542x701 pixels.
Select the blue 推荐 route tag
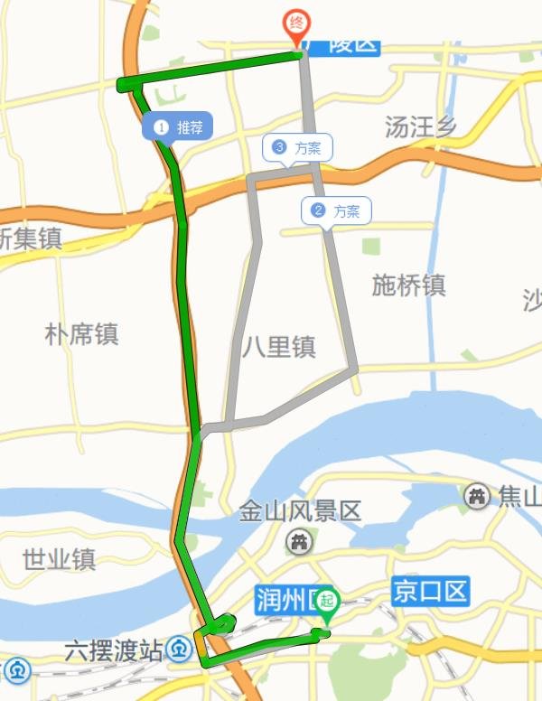point(178,127)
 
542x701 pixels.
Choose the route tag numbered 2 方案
point(335,211)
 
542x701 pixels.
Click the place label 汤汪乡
point(420,127)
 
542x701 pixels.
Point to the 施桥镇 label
point(408,285)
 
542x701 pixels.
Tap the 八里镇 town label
point(279,347)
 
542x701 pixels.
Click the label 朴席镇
point(81,335)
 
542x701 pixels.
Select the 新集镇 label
point(29,239)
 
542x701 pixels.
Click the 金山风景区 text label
point(300,512)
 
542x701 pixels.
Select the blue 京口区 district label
point(431,593)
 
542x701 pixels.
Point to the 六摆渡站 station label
point(114,649)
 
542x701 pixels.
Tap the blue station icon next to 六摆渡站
point(182,649)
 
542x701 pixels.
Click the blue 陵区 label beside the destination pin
point(346,43)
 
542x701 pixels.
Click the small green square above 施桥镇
point(370,246)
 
